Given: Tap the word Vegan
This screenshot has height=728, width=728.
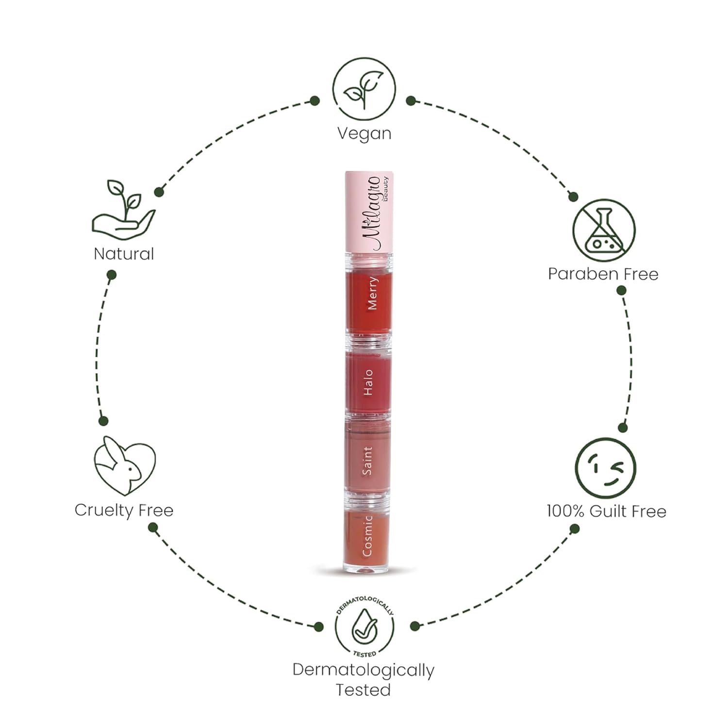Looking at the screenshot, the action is [x=364, y=133].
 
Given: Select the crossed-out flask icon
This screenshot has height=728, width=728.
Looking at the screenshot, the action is [x=604, y=230].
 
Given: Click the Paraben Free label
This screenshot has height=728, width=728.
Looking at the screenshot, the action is [x=603, y=274].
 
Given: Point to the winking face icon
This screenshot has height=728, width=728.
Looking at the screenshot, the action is [x=605, y=468].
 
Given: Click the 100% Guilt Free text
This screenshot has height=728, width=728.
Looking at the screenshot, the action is [x=606, y=511].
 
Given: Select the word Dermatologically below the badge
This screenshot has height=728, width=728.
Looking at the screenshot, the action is [x=364, y=670].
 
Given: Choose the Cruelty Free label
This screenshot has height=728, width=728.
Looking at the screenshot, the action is [x=124, y=510].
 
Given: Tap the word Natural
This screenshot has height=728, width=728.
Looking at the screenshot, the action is [x=124, y=254].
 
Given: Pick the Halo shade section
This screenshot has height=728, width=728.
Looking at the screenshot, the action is [x=368, y=382].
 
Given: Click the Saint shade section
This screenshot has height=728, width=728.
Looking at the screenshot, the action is [x=368, y=459].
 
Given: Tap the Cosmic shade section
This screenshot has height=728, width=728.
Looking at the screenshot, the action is [x=368, y=536].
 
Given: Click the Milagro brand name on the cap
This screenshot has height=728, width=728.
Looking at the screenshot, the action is [x=371, y=214].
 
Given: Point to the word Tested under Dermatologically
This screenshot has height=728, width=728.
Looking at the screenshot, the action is [x=364, y=690].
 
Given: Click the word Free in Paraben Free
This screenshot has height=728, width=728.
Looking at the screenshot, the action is [x=641, y=274].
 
